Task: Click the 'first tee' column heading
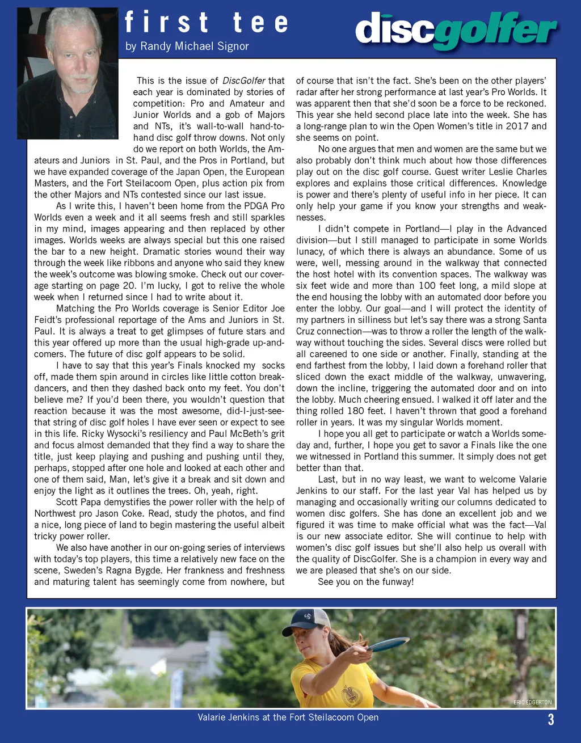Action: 206,23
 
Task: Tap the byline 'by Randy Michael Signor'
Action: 187,46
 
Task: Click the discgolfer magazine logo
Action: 456,29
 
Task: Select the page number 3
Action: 550,720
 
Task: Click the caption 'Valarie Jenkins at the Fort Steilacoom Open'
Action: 288,717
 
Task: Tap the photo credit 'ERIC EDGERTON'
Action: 532,702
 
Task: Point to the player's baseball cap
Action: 306,622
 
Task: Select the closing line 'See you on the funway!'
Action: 365,581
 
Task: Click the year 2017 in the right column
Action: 515,126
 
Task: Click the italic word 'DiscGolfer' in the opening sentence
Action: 244,81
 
